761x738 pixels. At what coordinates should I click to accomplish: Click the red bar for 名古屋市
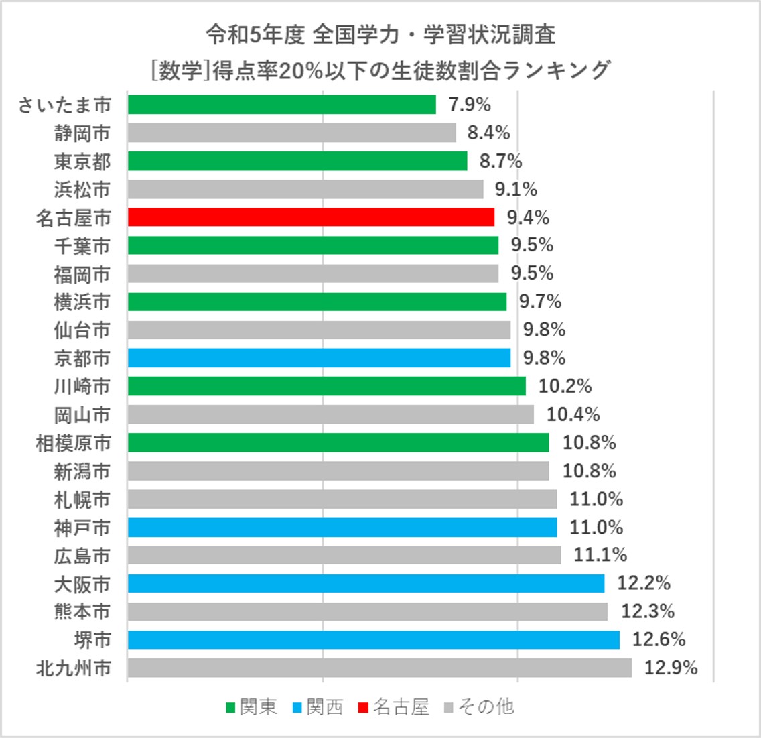point(311,217)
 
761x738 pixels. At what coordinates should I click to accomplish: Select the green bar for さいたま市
point(281,105)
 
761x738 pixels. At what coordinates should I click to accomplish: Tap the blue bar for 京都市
point(319,358)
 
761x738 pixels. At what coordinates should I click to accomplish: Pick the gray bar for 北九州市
point(379,668)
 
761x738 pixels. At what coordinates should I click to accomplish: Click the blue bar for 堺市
point(373,639)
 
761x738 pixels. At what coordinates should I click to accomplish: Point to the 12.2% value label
point(643,583)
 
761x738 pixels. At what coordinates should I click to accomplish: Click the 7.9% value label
point(470,105)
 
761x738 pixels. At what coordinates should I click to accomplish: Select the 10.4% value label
point(573,414)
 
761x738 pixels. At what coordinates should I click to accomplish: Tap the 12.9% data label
point(671,668)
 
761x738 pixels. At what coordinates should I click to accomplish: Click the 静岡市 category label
point(82,133)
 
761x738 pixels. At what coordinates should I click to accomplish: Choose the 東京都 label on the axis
point(82,162)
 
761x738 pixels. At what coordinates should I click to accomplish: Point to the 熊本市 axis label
point(82,612)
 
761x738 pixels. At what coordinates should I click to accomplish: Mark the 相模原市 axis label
point(73,443)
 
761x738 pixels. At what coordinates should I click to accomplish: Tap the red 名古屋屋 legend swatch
point(363,707)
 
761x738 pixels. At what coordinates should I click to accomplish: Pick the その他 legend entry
point(486,706)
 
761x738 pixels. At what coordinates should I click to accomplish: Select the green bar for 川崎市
point(326,386)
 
